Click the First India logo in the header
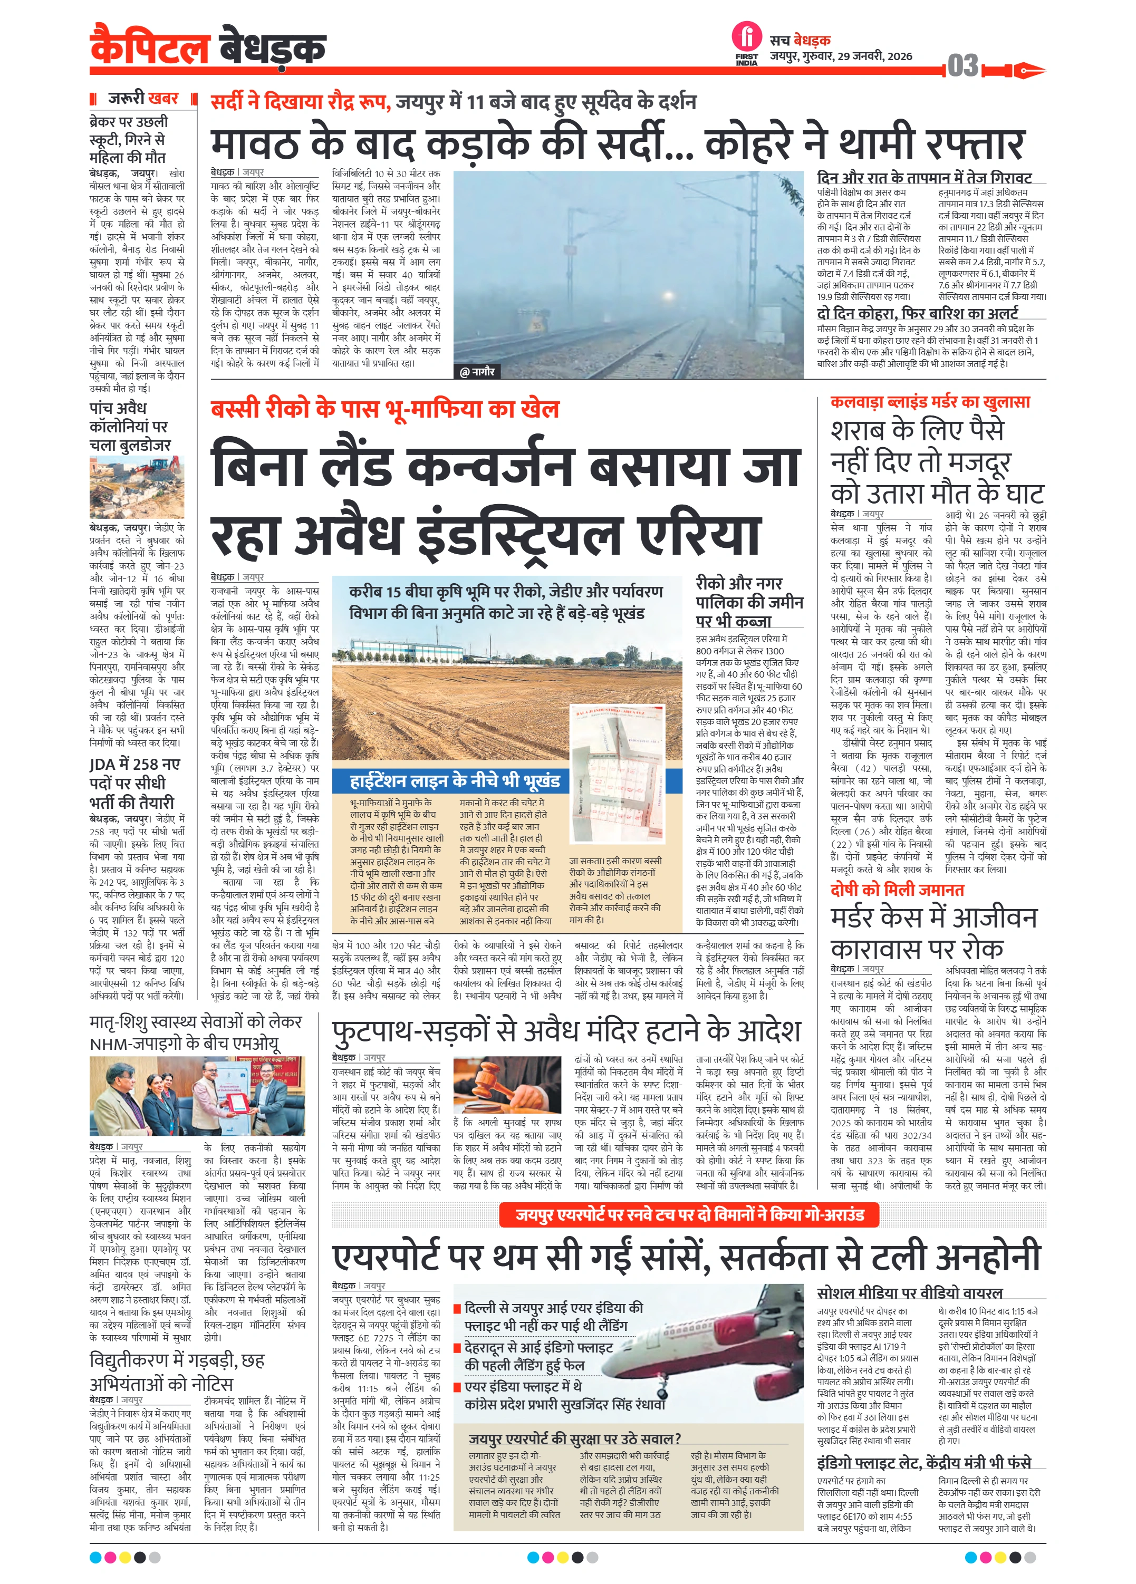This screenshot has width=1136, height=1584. point(746,43)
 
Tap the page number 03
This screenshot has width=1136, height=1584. point(962,66)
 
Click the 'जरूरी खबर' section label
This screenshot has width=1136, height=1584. point(143,99)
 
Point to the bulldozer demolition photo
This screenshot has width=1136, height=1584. point(137,487)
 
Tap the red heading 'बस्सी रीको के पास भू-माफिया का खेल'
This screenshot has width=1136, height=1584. point(385,409)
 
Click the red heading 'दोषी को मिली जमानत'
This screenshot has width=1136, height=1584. point(897,890)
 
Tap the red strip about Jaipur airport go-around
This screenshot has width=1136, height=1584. point(690,1214)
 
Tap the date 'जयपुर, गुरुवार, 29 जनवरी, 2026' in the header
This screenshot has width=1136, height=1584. point(841,56)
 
